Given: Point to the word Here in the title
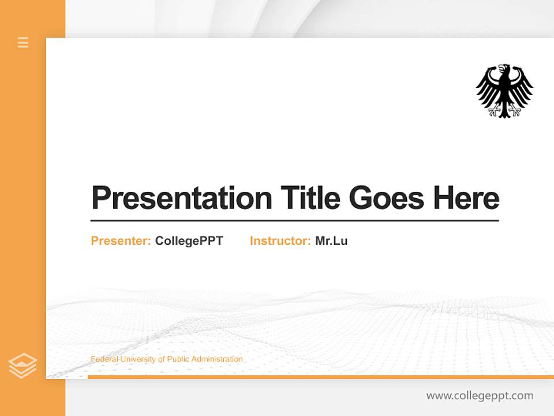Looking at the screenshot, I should pyautogui.click(x=466, y=198).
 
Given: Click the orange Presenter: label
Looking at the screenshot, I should pyautogui.click(x=121, y=241).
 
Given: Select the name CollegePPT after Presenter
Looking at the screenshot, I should pyautogui.click(x=189, y=241).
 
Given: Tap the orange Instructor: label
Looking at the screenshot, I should pyautogui.click(x=280, y=241).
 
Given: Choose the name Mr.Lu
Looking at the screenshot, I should pyautogui.click(x=331, y=241).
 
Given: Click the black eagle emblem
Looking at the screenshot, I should pyautogui.click(x=504, y=91).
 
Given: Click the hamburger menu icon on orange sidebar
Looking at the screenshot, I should pyautogui.click(x=23, y=42).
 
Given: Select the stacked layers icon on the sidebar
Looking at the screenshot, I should pyautogui.click(x=23, y=366).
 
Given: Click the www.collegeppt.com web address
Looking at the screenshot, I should pyautogui.click(x=480, y=396).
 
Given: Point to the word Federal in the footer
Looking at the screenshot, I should pyautogui.click(x=103, y=359).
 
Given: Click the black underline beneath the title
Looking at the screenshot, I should pyautogui.click(x=294, y=221).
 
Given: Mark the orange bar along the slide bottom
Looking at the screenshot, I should pyautogui.click(x=320, y=377).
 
